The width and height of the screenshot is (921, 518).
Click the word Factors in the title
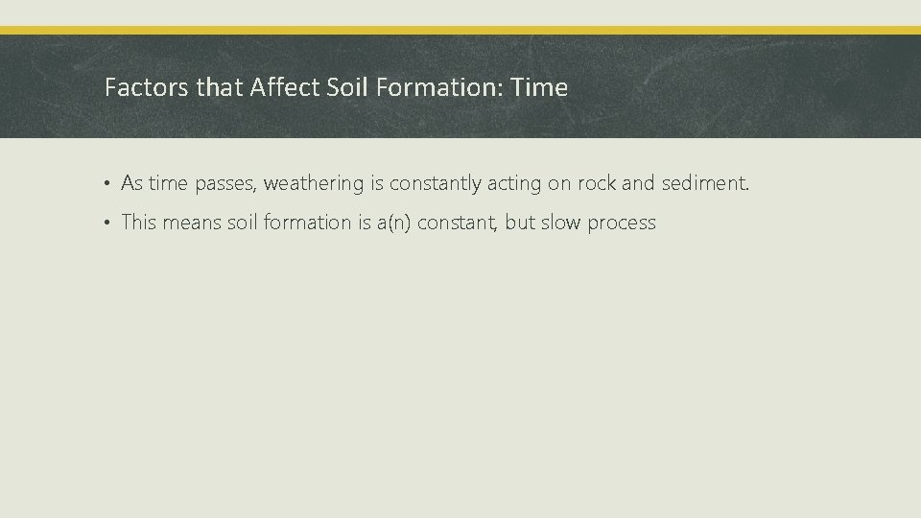tap(133, 88)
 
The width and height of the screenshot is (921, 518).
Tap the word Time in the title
tap(540, 88)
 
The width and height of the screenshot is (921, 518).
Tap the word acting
tap(514, 183)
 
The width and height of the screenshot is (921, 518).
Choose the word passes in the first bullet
tap(224, 183)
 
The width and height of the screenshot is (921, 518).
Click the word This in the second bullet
tap(138, 224)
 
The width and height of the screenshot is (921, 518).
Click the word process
tap(622, 224)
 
